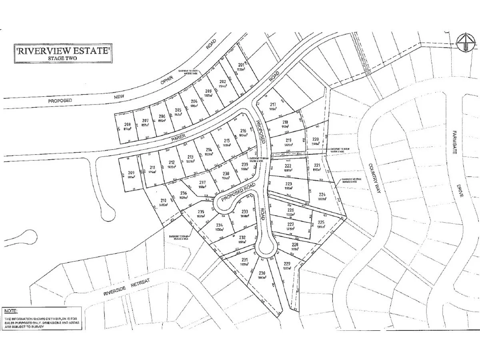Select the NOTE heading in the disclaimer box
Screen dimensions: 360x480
pos(10,310)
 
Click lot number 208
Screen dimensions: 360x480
pos(128,125)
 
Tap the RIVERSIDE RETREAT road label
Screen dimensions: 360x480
pos(126,287)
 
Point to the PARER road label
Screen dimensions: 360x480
pos(179,138)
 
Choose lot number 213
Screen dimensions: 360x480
pos(190,157)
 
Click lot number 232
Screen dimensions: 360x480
pos(242,237)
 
